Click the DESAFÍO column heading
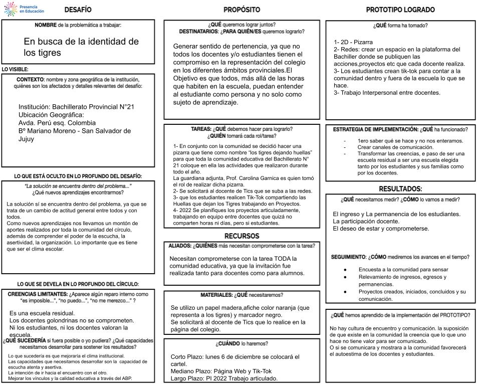pos(78,10)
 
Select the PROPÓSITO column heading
pos(242,10)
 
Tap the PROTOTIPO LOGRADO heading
pos(400,10)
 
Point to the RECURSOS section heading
pos(242,236)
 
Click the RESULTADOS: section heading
pos(400,189)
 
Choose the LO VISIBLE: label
pos(15,69)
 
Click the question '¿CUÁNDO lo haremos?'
pos(242,344)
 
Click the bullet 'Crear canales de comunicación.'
pos(395,147)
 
